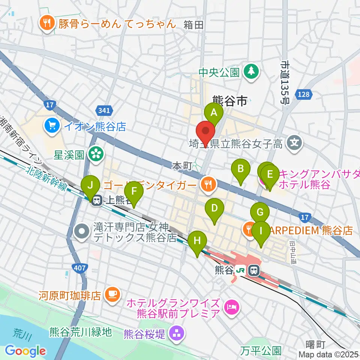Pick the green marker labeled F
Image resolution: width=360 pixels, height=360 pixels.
pyautogui.click(x=134, y=192)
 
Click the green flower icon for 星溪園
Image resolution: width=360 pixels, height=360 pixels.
pyautogui.click(x=96, y=154)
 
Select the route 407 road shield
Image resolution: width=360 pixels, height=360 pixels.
pyautogui.click(x=80, y=268)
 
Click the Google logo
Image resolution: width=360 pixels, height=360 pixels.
pyautogui.click(x=25, y=351)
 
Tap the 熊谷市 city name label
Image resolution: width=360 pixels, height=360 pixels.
pyautogui.click(x=229, y=100)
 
